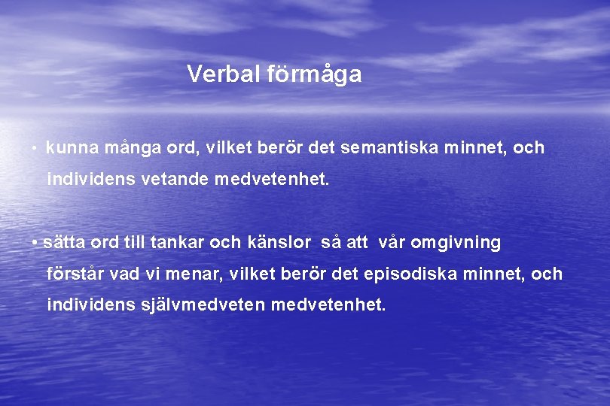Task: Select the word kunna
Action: click(72, 147)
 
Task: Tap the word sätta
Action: click(64, 242)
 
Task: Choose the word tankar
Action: click(177, 242)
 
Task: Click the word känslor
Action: click(279, 242)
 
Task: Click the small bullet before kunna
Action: click(35, 148)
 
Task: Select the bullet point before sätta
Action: click(35, 243)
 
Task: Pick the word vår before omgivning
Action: click(392, 242)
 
